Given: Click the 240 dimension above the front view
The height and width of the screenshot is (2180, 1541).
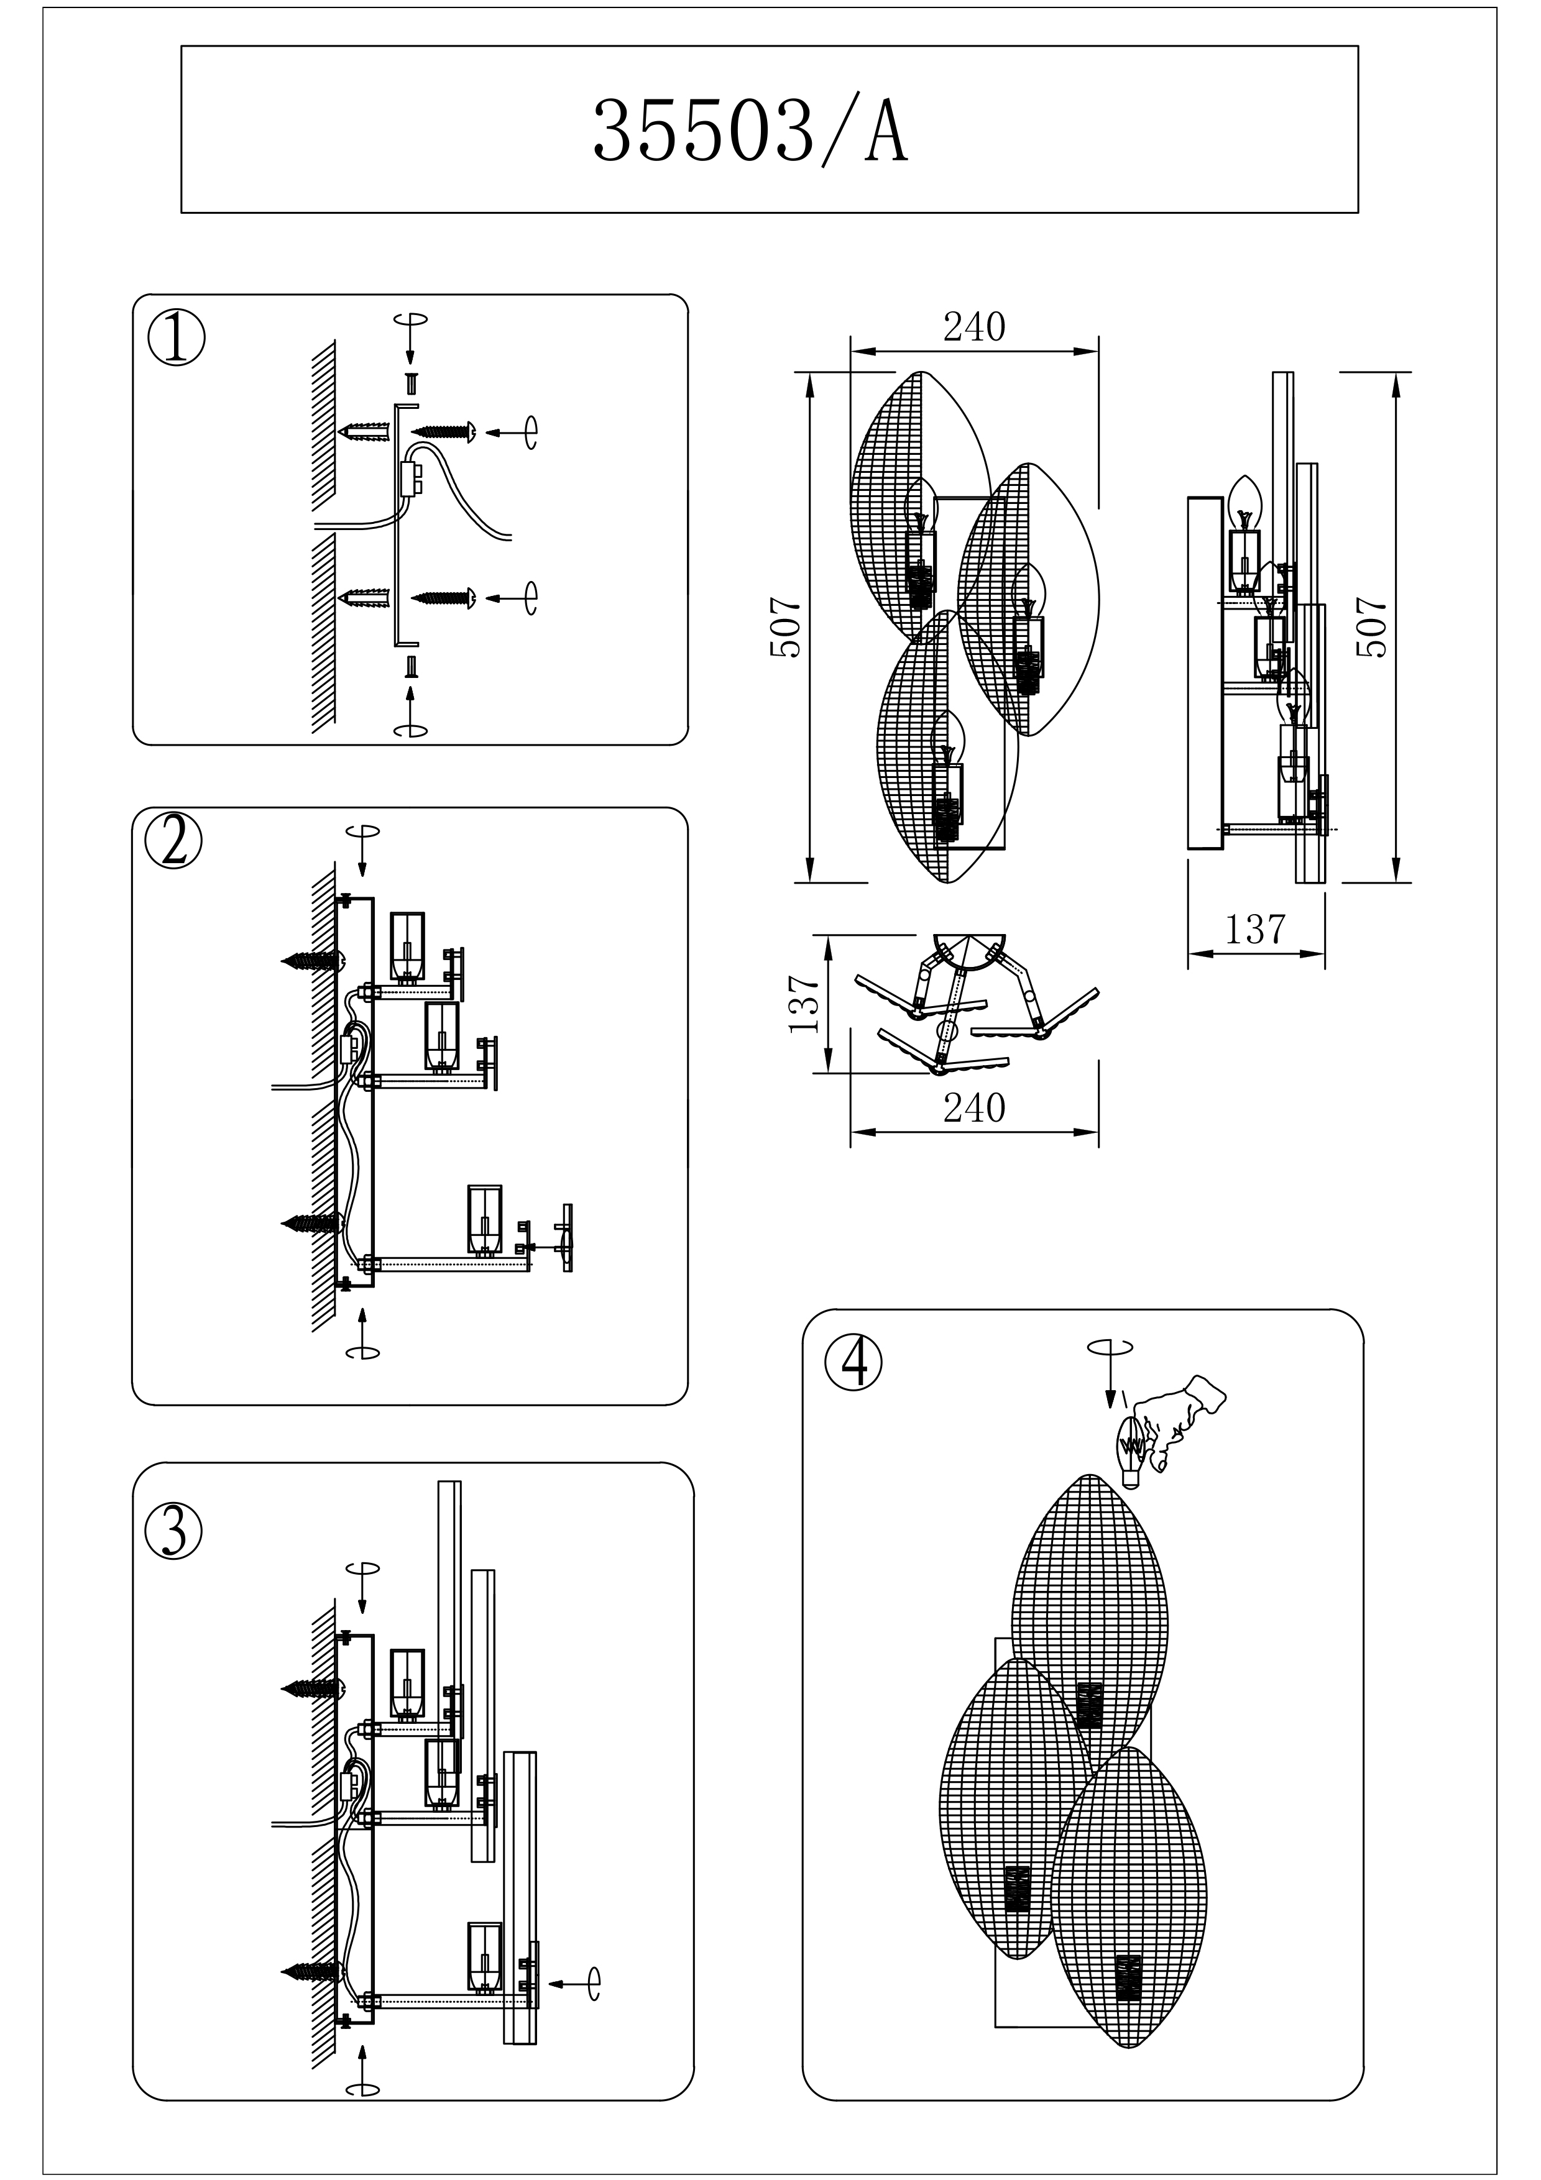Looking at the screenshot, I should (x=973, y=327).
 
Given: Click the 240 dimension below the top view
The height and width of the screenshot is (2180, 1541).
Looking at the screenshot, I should (x=973, y=1108).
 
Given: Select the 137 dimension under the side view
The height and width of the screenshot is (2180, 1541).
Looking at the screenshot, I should (x=1254, y=930).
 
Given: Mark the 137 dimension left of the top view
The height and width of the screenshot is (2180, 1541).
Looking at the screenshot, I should (x=804, y=1004).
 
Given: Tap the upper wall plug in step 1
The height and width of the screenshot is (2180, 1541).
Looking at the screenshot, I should (x=365, y=433).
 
